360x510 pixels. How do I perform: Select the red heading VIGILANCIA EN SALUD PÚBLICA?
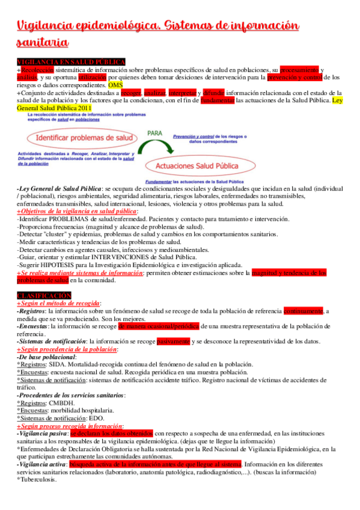(x=71, y=62)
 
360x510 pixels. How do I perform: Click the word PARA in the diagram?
(x=156, y=134)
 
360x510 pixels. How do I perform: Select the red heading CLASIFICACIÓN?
(x=44, y=295)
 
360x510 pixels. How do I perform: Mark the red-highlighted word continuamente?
(x=304, y=311)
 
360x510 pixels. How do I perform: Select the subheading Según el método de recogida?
(x=59, y=303)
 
